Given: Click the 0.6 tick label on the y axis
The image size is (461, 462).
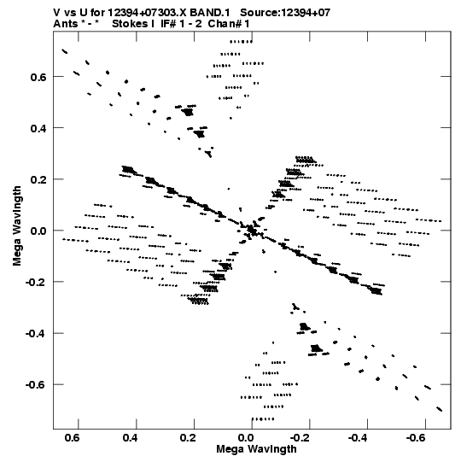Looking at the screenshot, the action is click(38, 77).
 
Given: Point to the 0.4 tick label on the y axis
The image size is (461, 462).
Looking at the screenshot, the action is click(38, 128).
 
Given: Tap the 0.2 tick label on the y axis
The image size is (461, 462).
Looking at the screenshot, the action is click(38, 179).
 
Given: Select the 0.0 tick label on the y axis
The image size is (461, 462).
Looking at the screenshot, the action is click(38, 231).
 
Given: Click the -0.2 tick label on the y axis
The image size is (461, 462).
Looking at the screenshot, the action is click(36, 283).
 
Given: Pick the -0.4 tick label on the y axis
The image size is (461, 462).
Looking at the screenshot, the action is click(36, 334).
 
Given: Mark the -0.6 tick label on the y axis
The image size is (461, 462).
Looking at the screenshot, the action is click(36, 385).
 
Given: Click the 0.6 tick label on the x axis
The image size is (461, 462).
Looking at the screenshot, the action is click(73, 438).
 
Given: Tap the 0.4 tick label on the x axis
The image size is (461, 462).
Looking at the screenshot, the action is click(131, 438).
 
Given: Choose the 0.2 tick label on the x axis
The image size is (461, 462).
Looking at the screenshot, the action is click(188, 438).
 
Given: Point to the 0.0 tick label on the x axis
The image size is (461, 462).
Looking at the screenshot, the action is click(246, 438).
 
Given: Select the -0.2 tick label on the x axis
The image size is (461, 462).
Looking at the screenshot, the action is click(301, 438).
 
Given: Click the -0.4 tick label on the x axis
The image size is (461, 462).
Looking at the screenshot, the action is click(359, 438).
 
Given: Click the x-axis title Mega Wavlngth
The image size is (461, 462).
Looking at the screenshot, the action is click(256, 449).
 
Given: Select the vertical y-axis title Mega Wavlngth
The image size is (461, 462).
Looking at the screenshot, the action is click(17, 225).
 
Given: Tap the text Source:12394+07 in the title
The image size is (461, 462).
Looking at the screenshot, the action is click(285, 13).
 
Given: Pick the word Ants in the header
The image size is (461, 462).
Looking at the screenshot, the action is click(66, 24).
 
